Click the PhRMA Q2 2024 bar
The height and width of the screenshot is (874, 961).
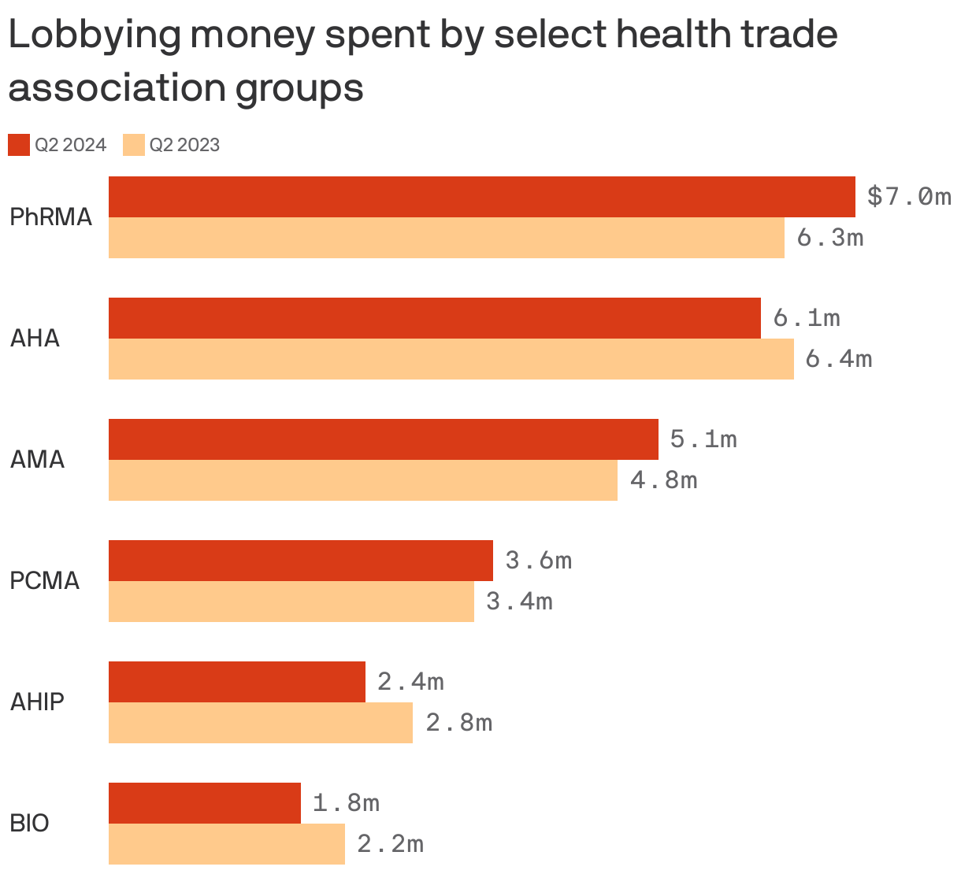coord(481,197)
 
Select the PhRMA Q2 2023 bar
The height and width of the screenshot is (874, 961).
coord(446,238)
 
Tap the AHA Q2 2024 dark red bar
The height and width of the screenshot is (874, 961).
coord(434,318)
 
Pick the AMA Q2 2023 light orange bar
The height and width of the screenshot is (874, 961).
coord(362,480)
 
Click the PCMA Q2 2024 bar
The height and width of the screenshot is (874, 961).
coord(300,561)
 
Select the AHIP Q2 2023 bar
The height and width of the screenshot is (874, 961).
coord(260,723)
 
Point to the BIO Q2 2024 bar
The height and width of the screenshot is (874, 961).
coord(204,803)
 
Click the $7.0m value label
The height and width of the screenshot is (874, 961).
coord(908,196)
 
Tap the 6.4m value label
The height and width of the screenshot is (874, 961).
coord(838,359)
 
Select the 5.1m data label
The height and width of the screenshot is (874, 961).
coord(703,439)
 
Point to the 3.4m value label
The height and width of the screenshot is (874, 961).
coord(519,602)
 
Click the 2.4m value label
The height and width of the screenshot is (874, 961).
coord(410,681)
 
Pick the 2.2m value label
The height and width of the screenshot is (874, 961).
coord(390,844)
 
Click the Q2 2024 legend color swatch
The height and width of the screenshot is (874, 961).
coord(19,145)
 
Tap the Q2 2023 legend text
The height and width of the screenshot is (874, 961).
coord(184,145)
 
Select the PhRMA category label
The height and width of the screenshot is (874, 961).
coord(50,217)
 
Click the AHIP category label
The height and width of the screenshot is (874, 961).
coord(37,702)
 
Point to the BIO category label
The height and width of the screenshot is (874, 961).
coord(29,823)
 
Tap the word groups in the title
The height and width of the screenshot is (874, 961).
coord(299,88)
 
